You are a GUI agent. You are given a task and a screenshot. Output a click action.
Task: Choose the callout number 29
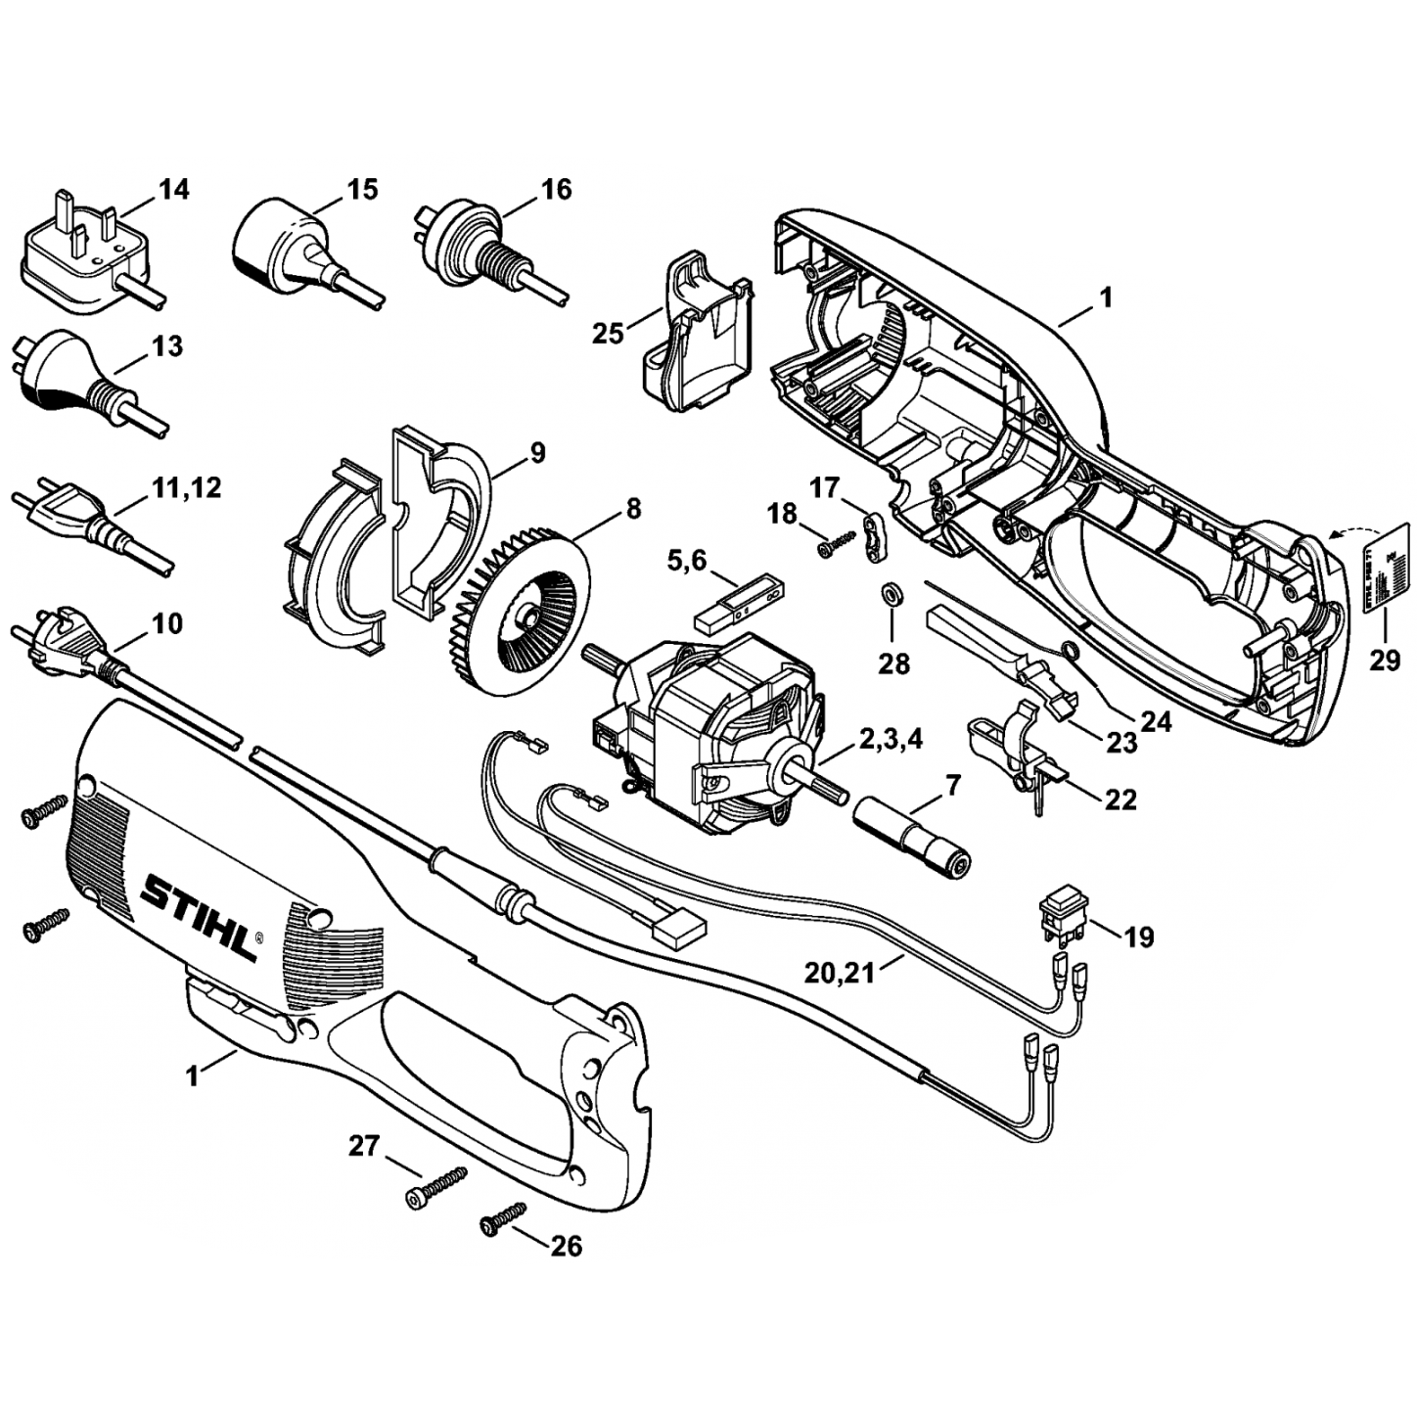(1384, 661)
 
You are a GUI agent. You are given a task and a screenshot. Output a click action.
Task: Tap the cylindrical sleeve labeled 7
(912, 832)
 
